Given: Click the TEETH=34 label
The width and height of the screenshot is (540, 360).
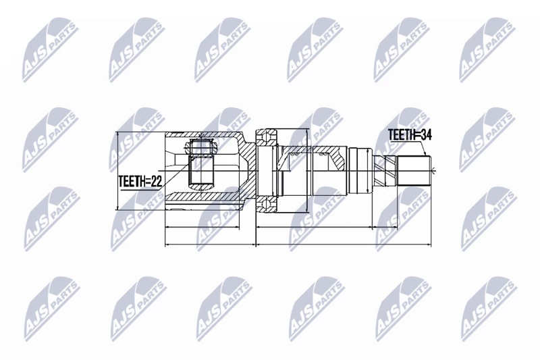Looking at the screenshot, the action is tap(410, 134).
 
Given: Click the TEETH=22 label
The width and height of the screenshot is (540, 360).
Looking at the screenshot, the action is tap(140, 181).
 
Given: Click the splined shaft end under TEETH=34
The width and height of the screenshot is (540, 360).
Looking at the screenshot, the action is tap(414, 171).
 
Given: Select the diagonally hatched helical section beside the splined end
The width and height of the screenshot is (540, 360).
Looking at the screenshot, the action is tap(385, 169).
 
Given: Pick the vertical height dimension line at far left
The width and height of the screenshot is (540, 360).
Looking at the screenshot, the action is tap(118, 171).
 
